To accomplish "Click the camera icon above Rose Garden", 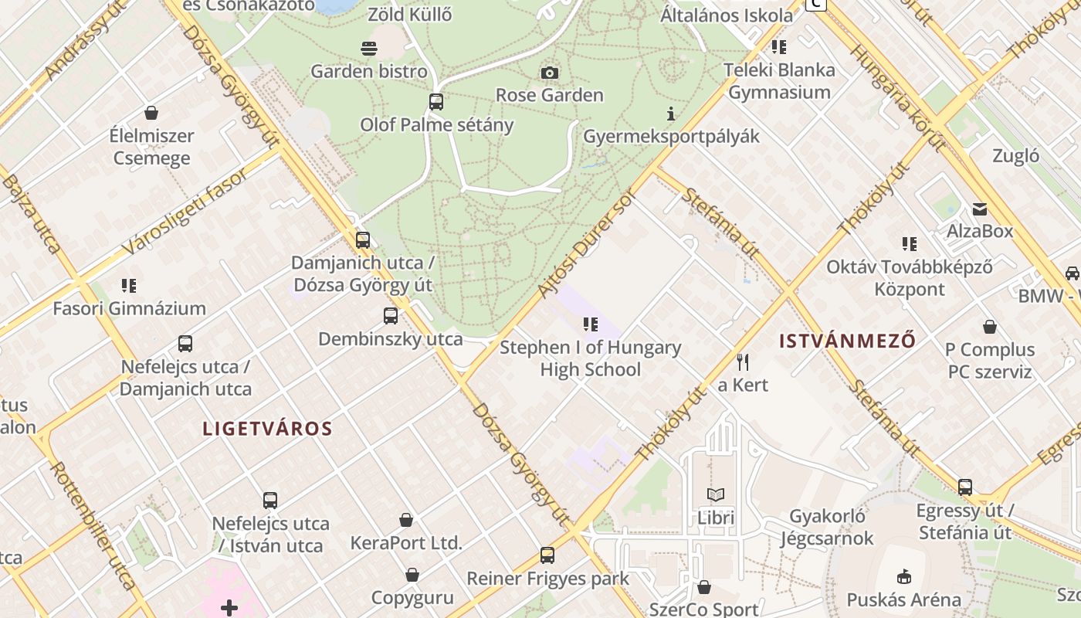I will coord(549,73).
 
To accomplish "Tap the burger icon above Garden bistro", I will coord(369,49).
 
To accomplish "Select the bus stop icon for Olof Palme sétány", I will coord(436,102).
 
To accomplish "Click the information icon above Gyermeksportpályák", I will coord(671,114).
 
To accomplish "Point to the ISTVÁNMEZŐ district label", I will coord(847,341).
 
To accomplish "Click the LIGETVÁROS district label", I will coord(267,429).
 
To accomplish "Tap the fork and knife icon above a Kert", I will coord(743,362).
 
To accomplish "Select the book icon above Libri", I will coord(716,494).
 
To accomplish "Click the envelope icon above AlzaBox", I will coord(980,209).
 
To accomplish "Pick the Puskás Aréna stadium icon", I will coord(903,576).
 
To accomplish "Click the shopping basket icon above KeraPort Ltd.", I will coord(406,520).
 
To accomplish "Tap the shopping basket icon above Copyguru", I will coord(412,575).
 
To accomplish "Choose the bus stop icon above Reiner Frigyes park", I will coord(547,555).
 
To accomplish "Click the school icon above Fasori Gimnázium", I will coord(129,286).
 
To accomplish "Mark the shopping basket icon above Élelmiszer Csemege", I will coord(151,113).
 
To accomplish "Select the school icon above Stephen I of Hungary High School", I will coord(591,324).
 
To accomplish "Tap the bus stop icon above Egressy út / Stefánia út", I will coord(965,487).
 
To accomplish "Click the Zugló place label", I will coord(1015,156).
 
